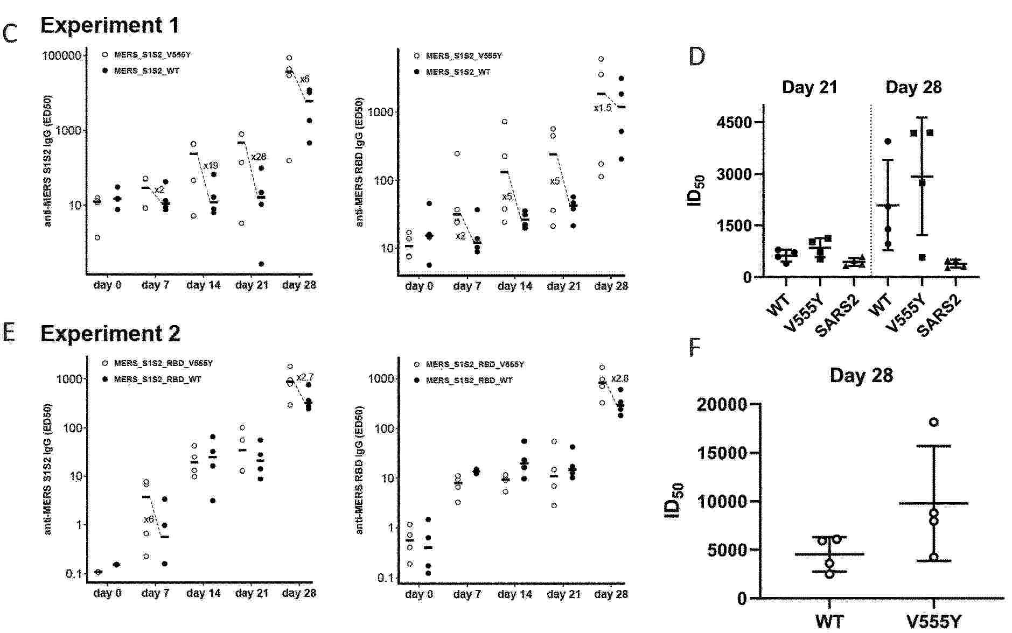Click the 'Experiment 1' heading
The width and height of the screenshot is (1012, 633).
109,25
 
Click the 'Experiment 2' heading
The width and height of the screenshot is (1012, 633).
110,334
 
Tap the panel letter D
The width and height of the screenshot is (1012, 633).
696,56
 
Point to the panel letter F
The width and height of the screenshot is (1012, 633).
695,348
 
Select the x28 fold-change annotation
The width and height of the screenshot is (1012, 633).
259,157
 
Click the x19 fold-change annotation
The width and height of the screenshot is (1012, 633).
210,165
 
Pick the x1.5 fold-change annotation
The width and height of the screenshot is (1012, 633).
602,108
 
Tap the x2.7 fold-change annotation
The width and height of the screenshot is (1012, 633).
305,377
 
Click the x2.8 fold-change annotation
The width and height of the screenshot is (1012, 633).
619,378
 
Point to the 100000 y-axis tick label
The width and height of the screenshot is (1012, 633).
62,56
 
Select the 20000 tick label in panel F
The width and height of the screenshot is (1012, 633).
721,404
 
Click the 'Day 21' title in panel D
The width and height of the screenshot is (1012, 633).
809,87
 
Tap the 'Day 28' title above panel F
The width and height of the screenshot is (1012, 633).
861,375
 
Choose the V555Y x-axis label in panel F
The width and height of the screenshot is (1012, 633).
933,622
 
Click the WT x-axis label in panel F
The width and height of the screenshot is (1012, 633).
829,622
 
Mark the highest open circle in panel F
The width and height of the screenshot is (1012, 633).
933,422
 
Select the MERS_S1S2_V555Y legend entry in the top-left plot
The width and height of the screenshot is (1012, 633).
152,55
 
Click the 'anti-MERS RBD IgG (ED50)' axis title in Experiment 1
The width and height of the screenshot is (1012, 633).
360,161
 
